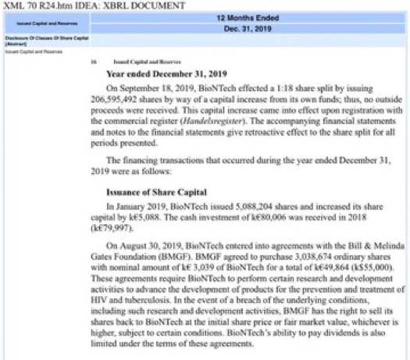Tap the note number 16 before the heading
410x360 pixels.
point(93,61)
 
